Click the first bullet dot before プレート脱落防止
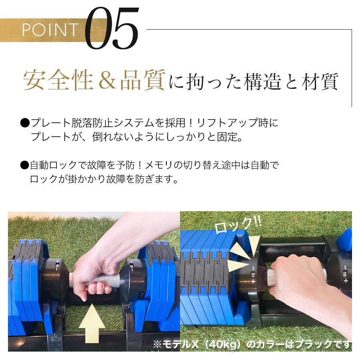[24, 123]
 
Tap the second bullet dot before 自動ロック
[24, 164]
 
